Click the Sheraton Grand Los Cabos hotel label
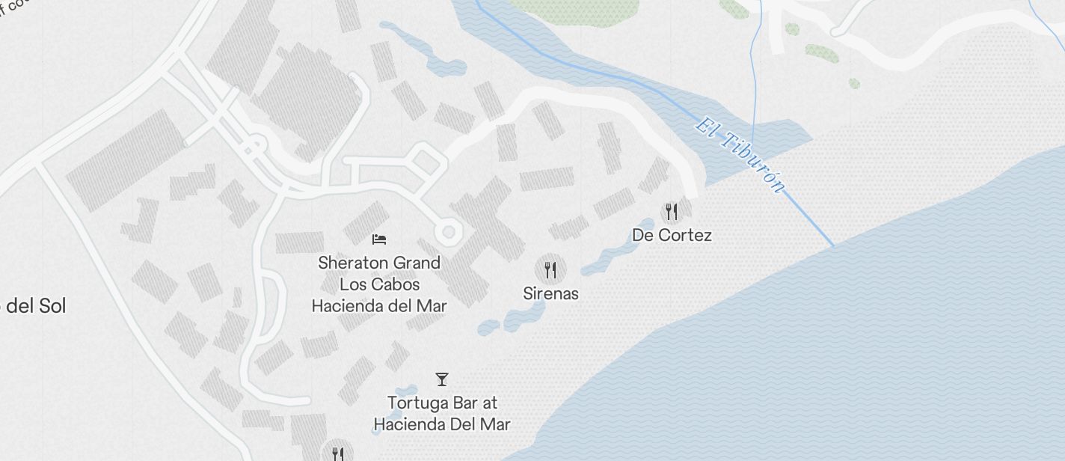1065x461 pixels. [378, 284]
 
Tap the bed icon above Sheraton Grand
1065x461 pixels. [379, 239]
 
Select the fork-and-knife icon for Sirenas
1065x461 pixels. [550, 269]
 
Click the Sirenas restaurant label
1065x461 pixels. [550, 293]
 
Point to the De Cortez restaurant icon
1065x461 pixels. [672, 211]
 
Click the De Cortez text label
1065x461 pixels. [672, 235]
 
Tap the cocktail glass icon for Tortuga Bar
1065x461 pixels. [442, 379]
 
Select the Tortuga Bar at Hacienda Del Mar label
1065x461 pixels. [442, 413]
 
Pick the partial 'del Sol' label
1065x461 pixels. [34, 306]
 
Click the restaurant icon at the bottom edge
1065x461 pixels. [337, 454]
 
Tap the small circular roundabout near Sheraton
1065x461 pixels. [448, 232]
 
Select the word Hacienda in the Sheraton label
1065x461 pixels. [346, 306]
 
